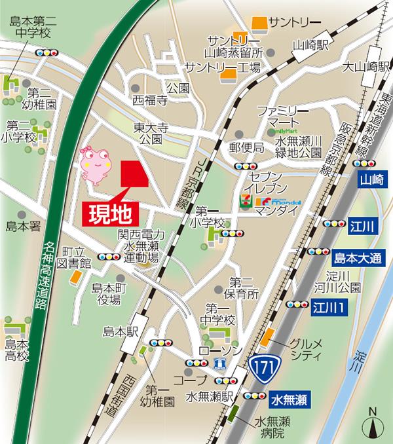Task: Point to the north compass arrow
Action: coord(373,423)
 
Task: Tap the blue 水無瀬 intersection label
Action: coord(288,397)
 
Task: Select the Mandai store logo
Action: coord(278,201)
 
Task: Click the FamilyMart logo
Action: coord(278,130)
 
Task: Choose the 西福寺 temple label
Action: coord(150,100)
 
